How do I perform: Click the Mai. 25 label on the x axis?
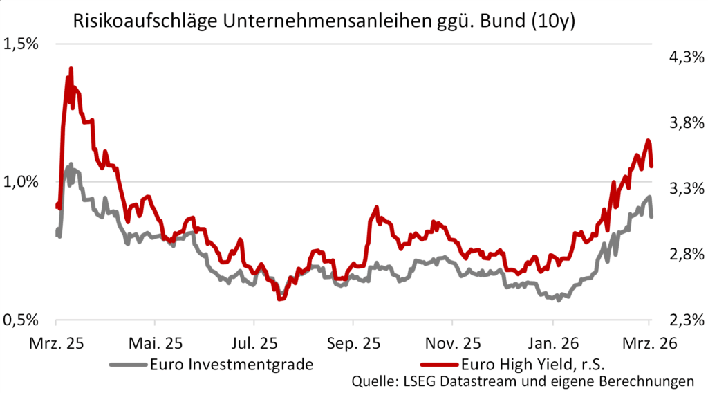click(x=156, y=342)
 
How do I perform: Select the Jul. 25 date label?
click(x=254, y=342)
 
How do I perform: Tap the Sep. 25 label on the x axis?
click(x=353, y=342)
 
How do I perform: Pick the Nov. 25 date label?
click(x=452, y=342)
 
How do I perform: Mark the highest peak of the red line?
click(x=71, y=69)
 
